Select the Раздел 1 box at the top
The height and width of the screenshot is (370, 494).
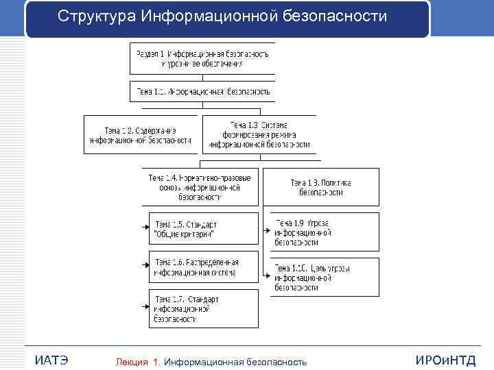(202, 58)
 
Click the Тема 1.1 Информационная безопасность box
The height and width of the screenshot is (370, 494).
(202, 91)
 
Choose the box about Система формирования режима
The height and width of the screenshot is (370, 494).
(259, 135)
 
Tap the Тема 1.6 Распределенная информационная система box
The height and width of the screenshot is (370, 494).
(204, 267)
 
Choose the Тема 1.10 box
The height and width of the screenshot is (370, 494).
(320, 277)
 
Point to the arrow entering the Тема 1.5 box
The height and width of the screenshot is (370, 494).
(145, 225)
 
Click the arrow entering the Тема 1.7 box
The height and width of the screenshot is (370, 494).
(145, 306)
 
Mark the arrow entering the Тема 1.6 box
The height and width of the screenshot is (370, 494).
(145, 263)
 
